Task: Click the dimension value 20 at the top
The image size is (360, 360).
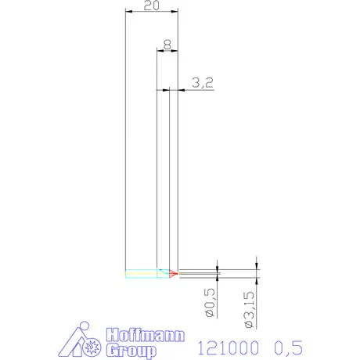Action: coord(152,5)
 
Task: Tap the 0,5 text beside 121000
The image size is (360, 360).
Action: coord(286,346)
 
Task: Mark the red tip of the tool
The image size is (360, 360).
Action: coord(175,273)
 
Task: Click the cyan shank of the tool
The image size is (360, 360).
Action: coord(142,273)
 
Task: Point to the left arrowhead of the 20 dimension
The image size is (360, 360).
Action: coord(128,12)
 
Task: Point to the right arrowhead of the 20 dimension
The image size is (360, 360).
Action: coord(176,12)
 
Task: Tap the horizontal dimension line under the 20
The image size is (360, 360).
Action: coord(152,12)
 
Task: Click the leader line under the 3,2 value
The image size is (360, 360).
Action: coord(200,91)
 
